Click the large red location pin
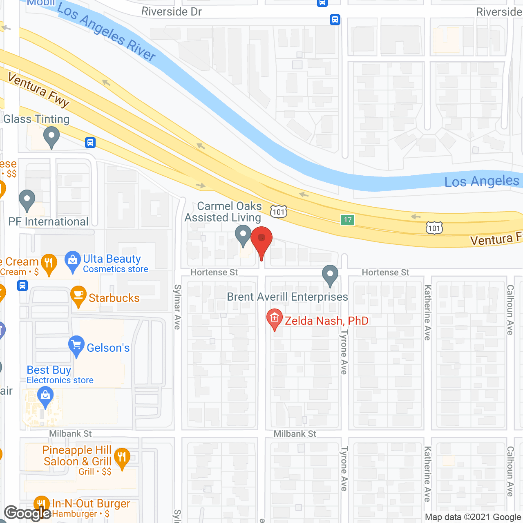[261, 241]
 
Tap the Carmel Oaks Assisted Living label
[223, 212]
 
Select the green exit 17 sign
[348, 220]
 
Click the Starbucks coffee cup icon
[78, 296]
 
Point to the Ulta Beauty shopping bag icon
[73, 261]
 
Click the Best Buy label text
[49, 370]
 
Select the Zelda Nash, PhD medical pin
[275, 319]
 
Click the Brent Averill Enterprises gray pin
[330, 275]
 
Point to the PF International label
[49, 222]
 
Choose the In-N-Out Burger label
[91, 504]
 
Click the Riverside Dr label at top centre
[172, 11]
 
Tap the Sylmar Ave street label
[177, 307]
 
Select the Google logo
[28, 513]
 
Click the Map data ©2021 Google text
[473, 517]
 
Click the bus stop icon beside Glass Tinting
[90, 143]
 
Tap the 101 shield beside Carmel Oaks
[279, 212]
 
